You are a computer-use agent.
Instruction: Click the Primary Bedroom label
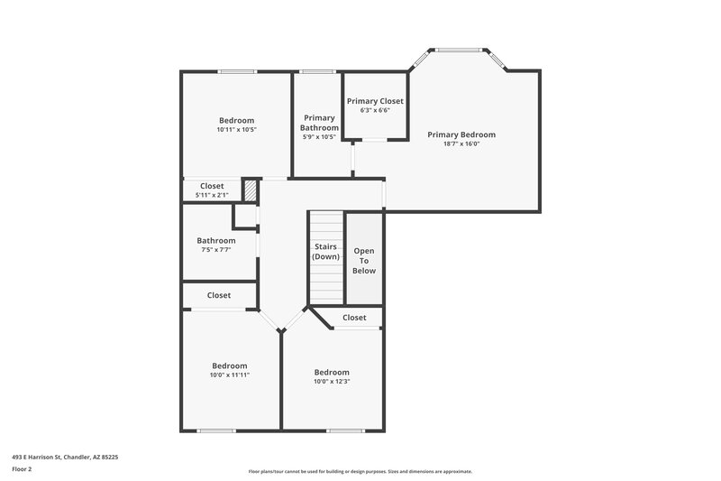461,134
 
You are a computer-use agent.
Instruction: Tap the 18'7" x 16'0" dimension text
461,143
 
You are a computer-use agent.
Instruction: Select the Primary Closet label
375,101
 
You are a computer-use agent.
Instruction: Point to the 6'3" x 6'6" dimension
375,110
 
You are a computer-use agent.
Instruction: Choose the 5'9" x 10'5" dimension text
319,138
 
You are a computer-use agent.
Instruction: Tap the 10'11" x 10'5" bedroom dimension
237,129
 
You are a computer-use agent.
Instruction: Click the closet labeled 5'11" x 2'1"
212,186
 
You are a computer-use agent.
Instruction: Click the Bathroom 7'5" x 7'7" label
216,241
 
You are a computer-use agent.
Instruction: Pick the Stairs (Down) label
325,251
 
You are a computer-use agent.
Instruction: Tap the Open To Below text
364,261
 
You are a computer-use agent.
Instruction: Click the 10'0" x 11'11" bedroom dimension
230,375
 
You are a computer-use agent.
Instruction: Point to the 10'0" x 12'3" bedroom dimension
332,381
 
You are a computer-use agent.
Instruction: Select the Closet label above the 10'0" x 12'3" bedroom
354,318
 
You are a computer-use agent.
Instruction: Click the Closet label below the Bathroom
219,295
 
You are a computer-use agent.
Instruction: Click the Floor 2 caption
22,469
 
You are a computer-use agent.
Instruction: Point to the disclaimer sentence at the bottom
360,471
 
